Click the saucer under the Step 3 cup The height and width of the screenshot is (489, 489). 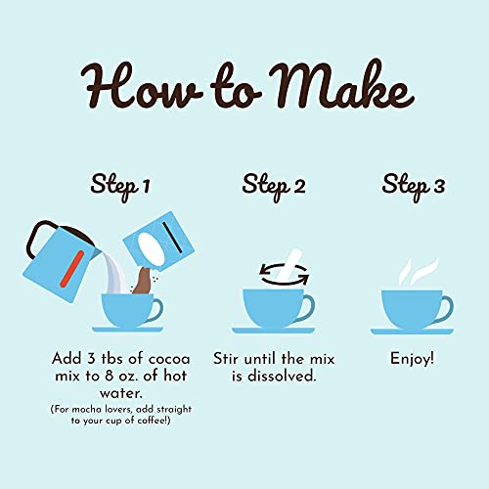coord(415,331)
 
